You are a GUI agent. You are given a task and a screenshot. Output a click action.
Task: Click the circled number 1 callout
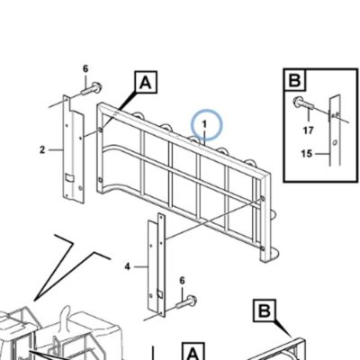pyautogui.click(x=207, y=125)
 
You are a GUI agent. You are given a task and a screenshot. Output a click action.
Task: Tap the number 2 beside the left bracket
pyautogui.click(x=42, y=149)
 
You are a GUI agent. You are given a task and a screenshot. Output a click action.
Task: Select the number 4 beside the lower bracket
pyautogui.click(x=128, y=266)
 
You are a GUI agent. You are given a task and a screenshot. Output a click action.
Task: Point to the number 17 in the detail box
pyautogui.click(x=308, y=130)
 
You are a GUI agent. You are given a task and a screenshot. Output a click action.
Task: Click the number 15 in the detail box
pyautogui.click(x=307, y=154)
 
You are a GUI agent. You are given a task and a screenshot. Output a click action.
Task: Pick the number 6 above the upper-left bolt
pyautogui.click(x=85, y=69)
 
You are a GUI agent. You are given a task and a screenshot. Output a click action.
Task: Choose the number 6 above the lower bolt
pyautogui.click(x=182, y=281)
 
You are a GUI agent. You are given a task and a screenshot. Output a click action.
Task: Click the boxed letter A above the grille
pyautogui.click(x=146, y=82)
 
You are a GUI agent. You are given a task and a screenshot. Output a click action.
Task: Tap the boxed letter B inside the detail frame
pyautogui.click(x=294, y=80)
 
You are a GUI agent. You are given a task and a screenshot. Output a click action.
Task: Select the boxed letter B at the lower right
pyautogui.click(x=265, y=310)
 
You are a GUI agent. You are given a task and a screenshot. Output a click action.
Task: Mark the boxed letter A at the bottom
pyautogui.click(x=193, y=353)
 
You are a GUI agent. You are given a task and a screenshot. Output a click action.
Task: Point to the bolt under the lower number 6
pyautogui.click(x=186, y=302)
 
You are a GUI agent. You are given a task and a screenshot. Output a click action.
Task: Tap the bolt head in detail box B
pyautogui.click(x=298, y=102)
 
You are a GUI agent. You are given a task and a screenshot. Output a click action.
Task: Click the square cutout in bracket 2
pyautogui.click(x=69, y=178)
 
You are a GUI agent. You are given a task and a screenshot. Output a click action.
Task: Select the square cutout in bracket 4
pyautogui.click(x=160, y=294)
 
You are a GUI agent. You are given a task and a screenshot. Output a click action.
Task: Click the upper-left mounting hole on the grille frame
pyautogui.click(x=101, y=130)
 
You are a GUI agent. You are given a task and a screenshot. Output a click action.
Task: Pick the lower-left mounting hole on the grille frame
pyautogui.click(x=100, y=180)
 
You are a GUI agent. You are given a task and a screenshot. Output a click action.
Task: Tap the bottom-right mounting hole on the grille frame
pyautogui.click(x=263, y=248)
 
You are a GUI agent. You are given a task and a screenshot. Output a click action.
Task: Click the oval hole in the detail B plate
pyautogui.click(x=335, y=141)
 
